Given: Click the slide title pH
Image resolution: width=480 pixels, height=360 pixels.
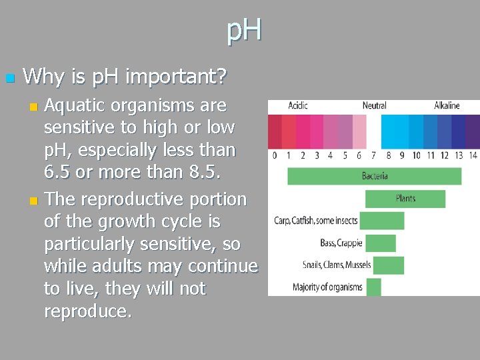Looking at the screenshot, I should click(244, 31).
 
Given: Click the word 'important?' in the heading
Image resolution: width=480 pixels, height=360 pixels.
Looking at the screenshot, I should click(176, 77).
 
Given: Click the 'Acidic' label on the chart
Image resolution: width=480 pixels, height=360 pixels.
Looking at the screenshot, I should click(297, 105).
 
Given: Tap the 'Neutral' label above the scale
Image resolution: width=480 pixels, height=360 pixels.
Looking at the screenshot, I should click(374, 105).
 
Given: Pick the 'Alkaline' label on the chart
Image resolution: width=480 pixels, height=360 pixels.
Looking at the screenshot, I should click(447, 105).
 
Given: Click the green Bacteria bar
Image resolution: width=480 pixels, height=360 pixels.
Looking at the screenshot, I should click(374, 176).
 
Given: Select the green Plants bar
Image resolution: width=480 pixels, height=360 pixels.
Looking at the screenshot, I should click(405, 199).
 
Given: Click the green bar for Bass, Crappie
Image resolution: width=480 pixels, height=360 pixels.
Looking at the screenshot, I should click(381, 243).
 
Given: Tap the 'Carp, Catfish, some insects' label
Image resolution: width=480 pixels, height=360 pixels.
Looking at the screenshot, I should click(316, 221).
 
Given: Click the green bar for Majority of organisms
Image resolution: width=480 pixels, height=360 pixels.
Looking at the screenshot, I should click(373, 287).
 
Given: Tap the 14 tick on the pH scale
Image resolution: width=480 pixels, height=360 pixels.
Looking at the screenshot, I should click(473, 156).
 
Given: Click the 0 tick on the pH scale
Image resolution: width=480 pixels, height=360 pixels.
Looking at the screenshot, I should click(275, 156).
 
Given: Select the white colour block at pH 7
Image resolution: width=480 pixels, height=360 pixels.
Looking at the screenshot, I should click(373, 131).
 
